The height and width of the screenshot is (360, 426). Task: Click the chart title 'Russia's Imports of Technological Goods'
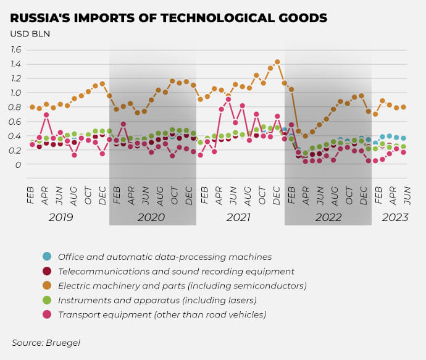pos(169,17)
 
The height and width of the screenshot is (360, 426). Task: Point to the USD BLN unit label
pos(30,33)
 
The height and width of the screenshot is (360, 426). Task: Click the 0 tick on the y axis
pos(19,165)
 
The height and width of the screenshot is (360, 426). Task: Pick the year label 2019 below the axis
pos(61,217)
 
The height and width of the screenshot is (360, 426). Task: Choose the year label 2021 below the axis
pos(238,217)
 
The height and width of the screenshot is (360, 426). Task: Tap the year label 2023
pos(395,217)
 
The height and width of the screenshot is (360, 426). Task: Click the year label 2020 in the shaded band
pos(151,217)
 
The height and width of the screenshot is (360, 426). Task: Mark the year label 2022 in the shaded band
pos(328,217)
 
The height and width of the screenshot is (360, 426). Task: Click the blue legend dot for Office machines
pos(47,257)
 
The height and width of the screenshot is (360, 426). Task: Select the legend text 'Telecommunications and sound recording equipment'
pos(176,272)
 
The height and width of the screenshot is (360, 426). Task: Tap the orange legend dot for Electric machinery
pos(47,286)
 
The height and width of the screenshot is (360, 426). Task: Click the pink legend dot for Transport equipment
pos(47,315)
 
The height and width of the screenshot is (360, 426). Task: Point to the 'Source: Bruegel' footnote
pos(46,342)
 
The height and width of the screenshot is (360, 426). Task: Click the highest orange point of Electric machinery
pos(277,62)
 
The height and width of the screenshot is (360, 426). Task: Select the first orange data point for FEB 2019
pos(32,107)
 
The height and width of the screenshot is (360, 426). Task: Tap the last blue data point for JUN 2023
pos(403,138)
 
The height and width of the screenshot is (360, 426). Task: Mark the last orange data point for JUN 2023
pos(403,107)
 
